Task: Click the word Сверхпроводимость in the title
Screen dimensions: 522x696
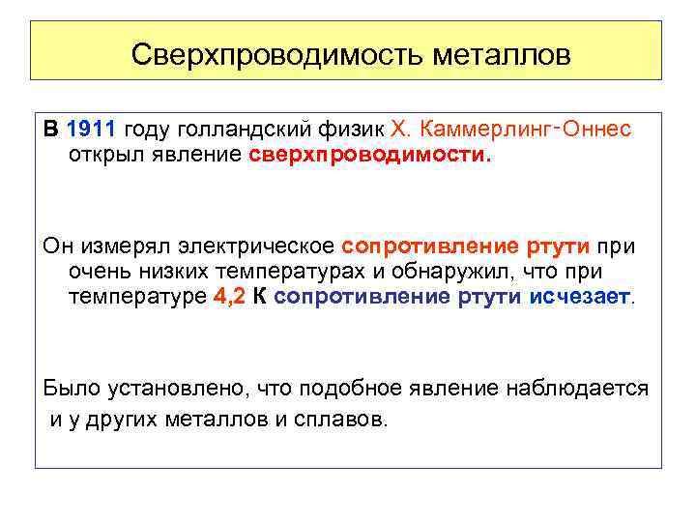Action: pos(253,54)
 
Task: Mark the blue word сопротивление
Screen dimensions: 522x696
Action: pos(362,296)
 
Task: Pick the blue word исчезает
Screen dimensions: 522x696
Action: pos(579,296)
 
